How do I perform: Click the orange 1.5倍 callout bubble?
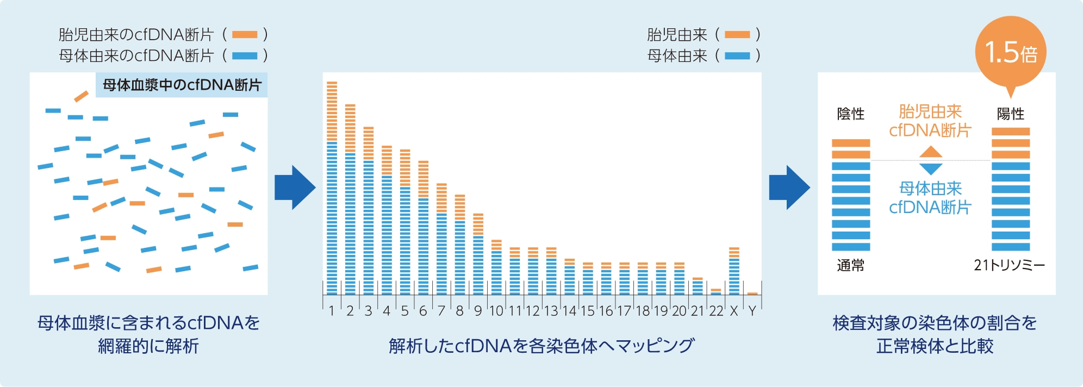(1011, 52)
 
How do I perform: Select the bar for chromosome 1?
(332, 188)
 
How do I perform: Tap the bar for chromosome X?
(734, 271)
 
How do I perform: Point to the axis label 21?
(698, 311)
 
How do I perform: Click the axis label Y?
(752, 311)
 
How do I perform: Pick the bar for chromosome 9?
(478, 254)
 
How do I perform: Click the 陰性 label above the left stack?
(851, 114)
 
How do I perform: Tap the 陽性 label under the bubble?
(1011, 114)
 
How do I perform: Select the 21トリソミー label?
(1009, 265)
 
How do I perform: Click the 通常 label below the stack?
(851, 265)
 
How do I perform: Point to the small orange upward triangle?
(931, 152)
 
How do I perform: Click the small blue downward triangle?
(931, 169)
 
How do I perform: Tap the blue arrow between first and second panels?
(295, 188)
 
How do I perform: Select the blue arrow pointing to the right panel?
(789, 188)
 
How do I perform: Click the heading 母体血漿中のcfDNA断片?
(182, 85)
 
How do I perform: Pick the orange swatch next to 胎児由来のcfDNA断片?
(245, 35)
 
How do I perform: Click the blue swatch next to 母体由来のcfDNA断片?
(245, 55)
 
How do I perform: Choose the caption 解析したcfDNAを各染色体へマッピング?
(541, 346)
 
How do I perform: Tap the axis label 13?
(551, 311)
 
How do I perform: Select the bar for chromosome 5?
(405, 222)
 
